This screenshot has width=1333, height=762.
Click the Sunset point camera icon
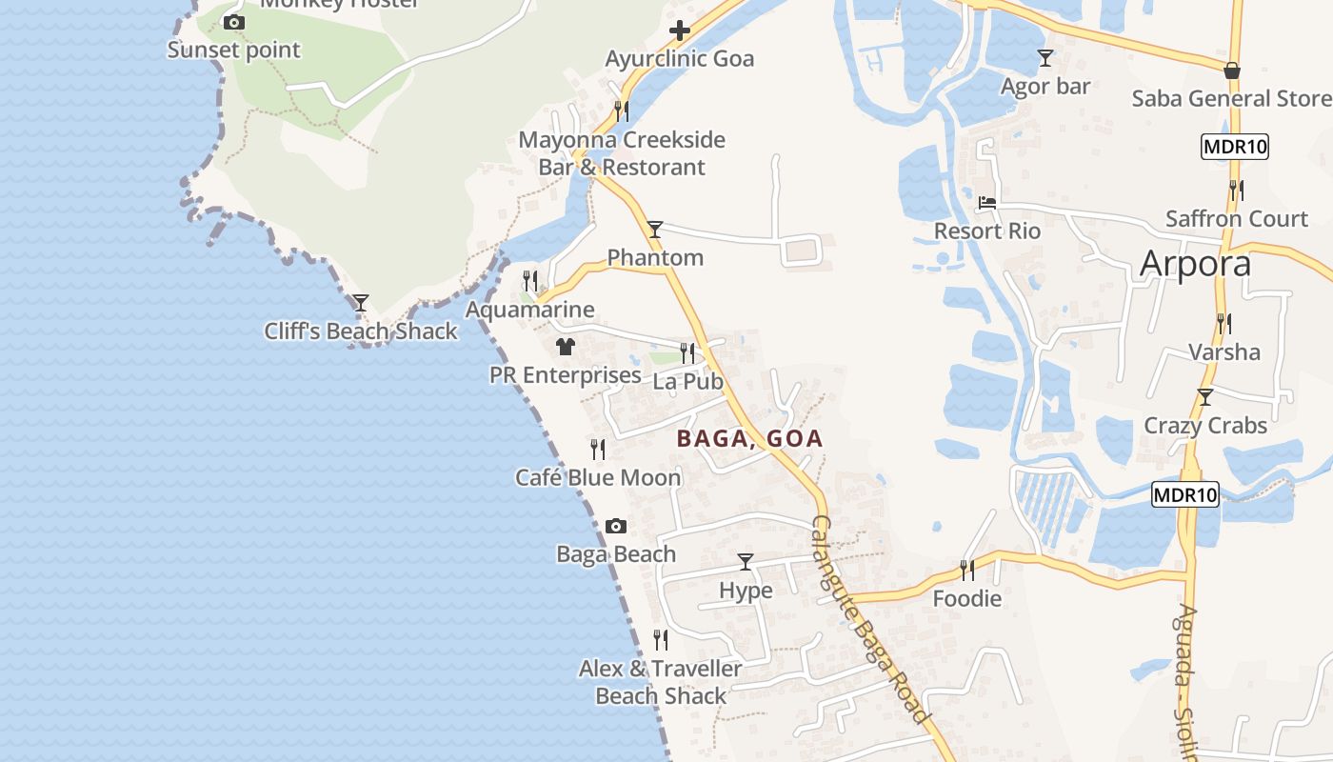(234, 22)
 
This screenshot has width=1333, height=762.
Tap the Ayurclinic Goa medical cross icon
(679, 30)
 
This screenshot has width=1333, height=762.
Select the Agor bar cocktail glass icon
(1045, 58)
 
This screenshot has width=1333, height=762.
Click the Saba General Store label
(1230, 98)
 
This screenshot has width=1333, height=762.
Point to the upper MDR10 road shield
(1235, 147)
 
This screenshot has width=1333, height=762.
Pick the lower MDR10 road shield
(1185, 494)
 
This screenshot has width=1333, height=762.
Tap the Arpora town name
(1195, 263)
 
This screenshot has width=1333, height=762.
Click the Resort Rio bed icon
(987, 203)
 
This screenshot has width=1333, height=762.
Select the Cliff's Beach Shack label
(361, 331)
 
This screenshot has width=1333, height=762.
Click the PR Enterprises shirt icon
(566, 347)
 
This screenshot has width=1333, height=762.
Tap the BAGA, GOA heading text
(749, 439)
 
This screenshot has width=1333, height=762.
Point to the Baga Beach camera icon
(616, 526)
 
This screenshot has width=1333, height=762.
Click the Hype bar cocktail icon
(746, 562)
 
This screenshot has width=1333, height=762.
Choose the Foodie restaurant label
(966, 598)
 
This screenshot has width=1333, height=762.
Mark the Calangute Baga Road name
(868, 619)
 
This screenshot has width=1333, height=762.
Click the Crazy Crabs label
(1205, 425)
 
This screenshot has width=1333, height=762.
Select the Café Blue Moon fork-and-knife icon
(598, 449)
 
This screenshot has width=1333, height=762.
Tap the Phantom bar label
(655, 257)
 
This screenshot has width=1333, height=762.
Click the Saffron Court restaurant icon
(1236, 190)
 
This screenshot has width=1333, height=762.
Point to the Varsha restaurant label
(1224, 351)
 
